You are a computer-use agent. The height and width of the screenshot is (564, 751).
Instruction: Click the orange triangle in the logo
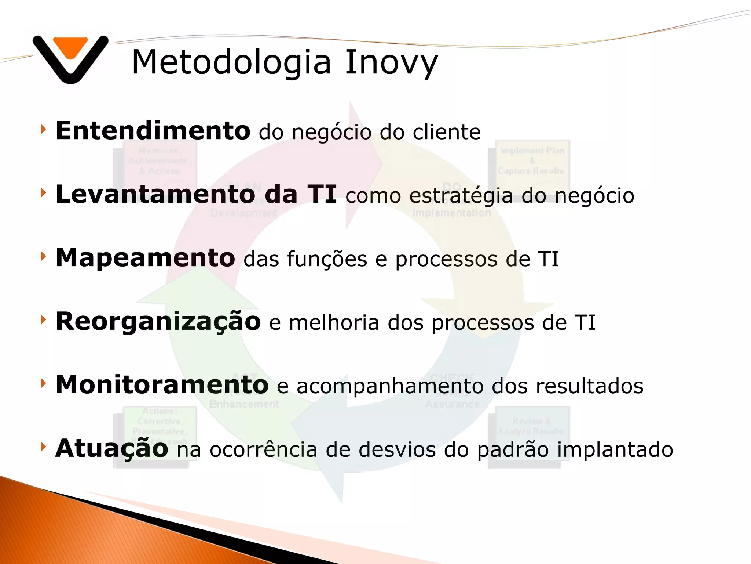point(70,47)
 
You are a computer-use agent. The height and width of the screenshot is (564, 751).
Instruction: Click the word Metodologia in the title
point(231,62)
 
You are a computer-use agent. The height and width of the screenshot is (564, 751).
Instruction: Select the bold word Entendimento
point(153,131)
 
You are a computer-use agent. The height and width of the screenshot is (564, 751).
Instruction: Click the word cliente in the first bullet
point(446,132)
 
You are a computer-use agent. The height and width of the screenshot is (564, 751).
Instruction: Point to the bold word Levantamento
point(155,195)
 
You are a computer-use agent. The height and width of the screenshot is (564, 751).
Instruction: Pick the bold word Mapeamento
point(145,258)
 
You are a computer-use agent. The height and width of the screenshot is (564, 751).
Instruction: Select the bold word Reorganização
point(158,322)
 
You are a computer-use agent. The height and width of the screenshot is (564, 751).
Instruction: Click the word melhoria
point(334,323)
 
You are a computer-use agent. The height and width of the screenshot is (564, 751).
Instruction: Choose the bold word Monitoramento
point(162,385)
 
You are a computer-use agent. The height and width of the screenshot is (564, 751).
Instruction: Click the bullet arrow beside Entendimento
point(43,129)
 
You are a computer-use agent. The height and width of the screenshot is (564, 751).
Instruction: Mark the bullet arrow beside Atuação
point(43,446)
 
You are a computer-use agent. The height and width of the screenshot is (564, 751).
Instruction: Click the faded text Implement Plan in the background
point(532,151)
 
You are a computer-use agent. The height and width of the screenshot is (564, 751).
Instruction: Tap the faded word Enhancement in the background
point(244,404)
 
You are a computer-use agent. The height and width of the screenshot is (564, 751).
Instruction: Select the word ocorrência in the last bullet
point(263,450)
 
